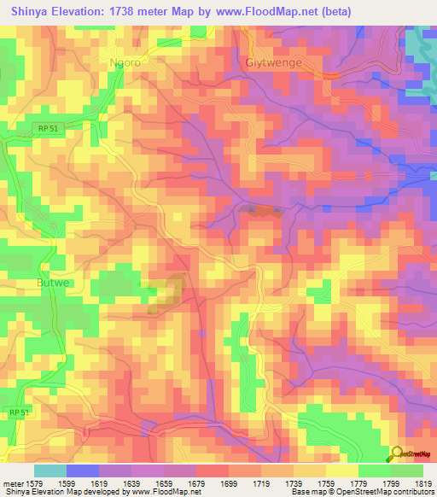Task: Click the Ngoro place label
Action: (125, 62)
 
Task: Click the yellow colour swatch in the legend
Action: (341, 470)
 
